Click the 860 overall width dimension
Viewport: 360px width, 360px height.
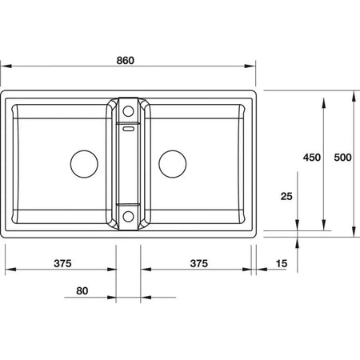point(125,61)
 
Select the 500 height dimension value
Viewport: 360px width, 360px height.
point(342,158)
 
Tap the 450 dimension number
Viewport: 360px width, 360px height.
point(312,158)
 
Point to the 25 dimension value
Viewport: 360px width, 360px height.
point(286,196)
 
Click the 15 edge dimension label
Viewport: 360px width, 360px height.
point(282,263)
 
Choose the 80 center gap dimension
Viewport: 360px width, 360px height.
point(82,290)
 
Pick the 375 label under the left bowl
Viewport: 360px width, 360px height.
point(62,263)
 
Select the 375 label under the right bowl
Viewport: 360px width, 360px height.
point(198,263)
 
